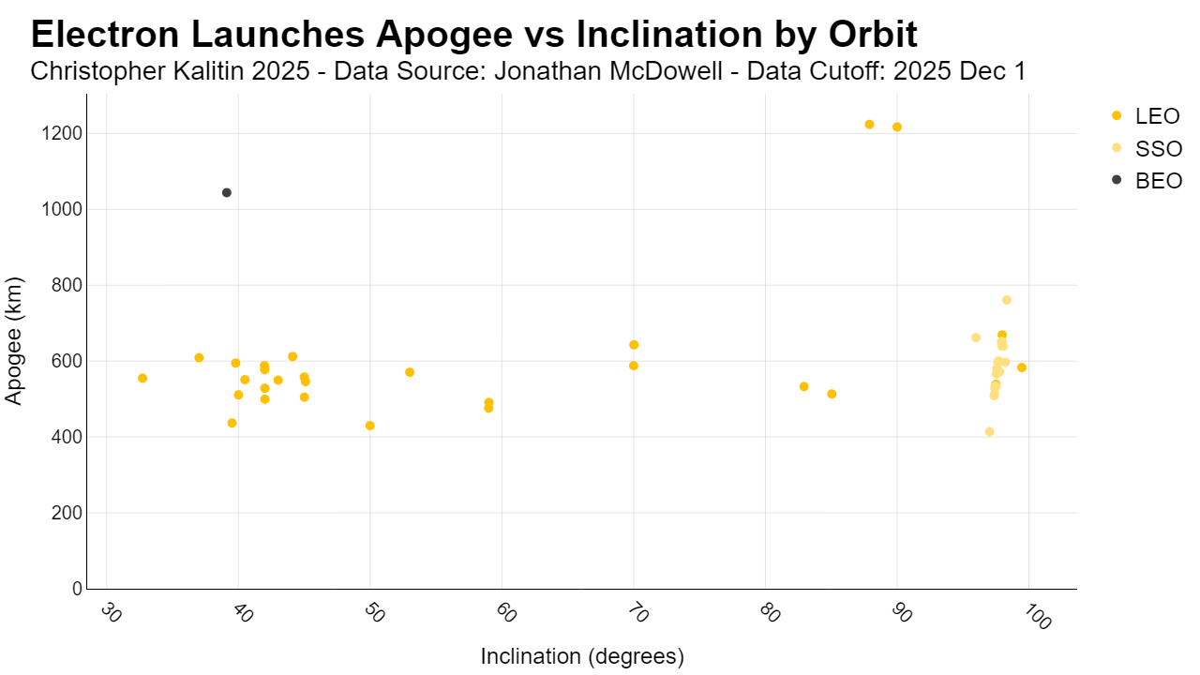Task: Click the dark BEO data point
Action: click(227, 193)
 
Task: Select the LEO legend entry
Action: click(1146, 116)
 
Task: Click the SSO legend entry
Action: click(1147, 148)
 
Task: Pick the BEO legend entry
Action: click(1147, 181)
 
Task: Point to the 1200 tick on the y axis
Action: click(62, 133)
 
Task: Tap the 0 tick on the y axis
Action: click(77, 589)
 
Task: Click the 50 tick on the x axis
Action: click(374, 613)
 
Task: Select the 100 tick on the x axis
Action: click(1037, 617)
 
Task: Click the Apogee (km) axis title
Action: click(13, 341)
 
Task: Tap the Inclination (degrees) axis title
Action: click(582, 656)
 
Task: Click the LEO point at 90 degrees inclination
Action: click(897, 127)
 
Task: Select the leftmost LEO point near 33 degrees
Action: click(142, 378)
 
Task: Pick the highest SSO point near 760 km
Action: click(1007, 300)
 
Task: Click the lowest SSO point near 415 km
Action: click(989, 432)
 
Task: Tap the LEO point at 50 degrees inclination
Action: click(370, 426)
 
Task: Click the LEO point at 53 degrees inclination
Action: click(410, 372)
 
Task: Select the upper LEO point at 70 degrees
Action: click(634, 345)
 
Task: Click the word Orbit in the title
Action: click(873, 35)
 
